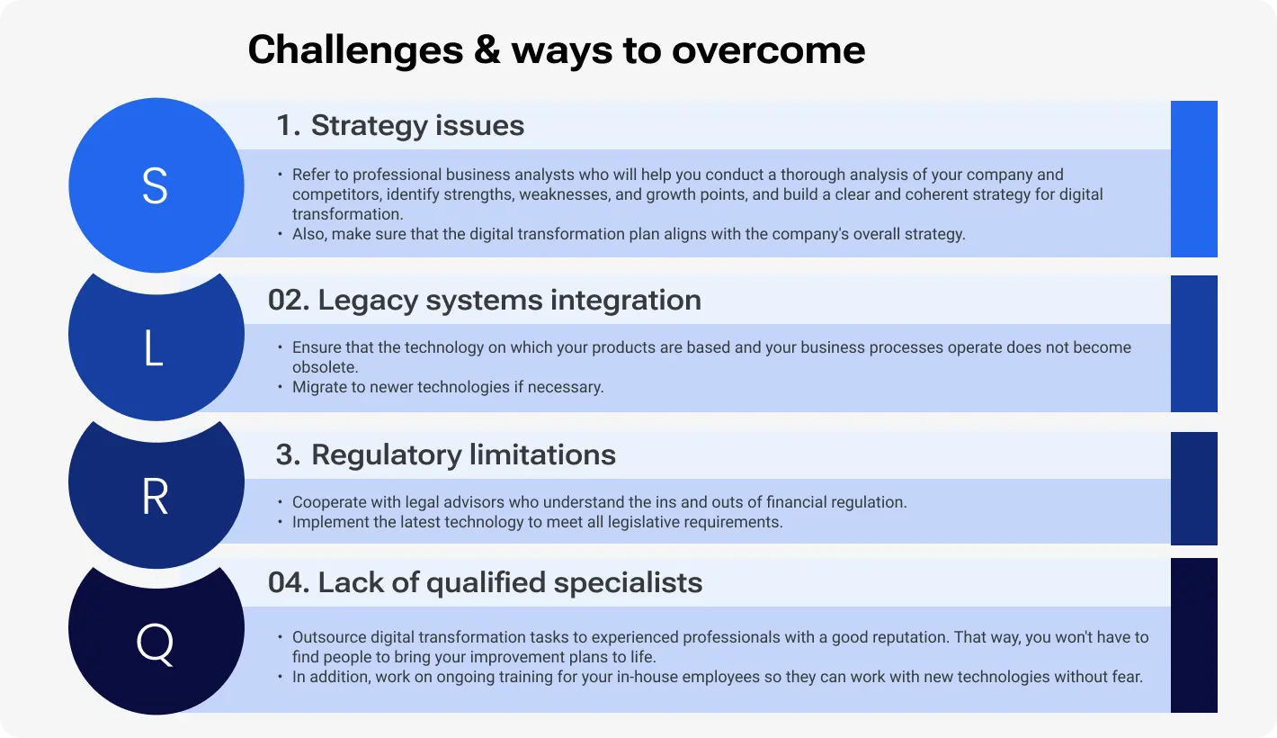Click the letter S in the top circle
click(155, 186)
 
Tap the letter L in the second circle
click(154, 350)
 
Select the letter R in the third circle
click(156, 498)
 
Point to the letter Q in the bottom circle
click(156, 644)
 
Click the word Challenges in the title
click(355, 49)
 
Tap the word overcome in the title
click(768, 49)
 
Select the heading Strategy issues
click(417, 125)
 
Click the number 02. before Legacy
click(288, 300)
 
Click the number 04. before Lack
click(288, 582)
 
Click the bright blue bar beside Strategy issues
click(1193, 178)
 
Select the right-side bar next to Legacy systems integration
click(1193, 343)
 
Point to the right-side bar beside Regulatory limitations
click(1193, 488)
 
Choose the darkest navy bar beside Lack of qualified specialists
click(1193, 634)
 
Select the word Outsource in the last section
click(328, 637)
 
